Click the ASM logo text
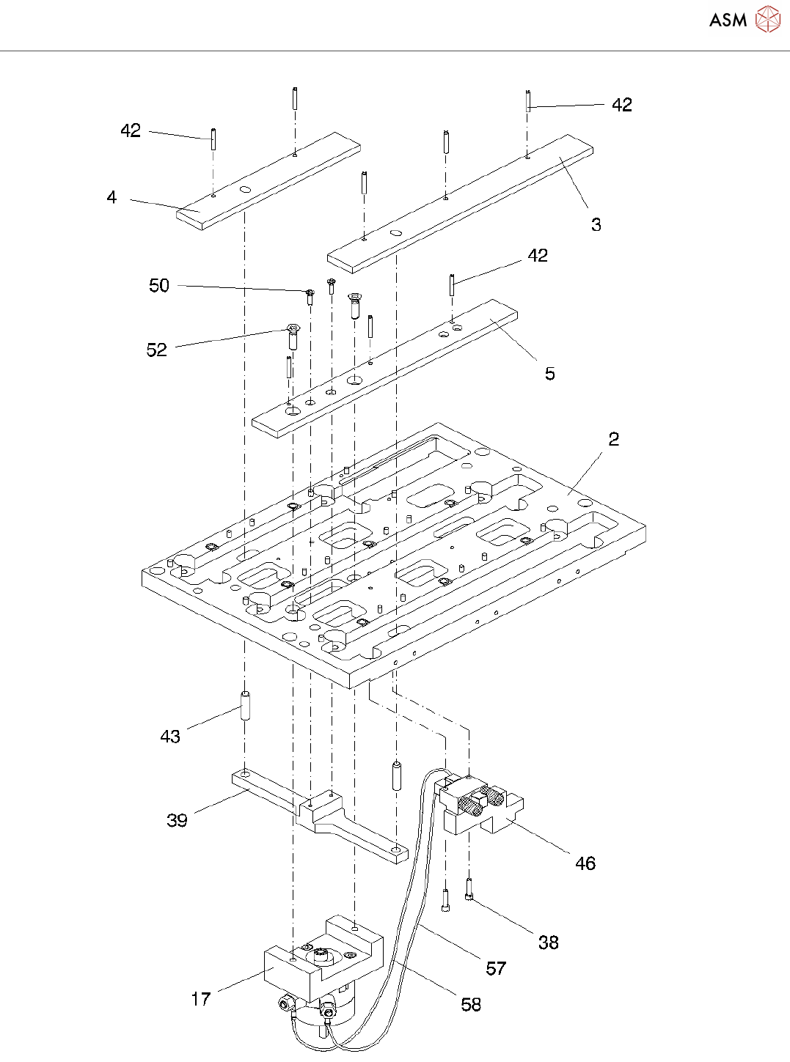tap(728, 20)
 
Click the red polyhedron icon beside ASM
tap(767, 19)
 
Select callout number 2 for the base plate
tap(614, 439)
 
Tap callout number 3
tap(596, 224)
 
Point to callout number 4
tap(111, 197)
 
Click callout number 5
tap(550, 374)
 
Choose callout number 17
tap(201, 999)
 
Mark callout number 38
tap(549, 943)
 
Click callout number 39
tap(177, 820)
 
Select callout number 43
tap(170, 737)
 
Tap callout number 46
tap(585, 863)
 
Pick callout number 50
tap(159, 285)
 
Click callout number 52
tap(157, 350)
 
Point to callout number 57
tap(496, 969)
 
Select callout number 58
tap(471, 1005)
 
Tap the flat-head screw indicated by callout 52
tap(293, 336)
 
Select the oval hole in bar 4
tap(245, 190)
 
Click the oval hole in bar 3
tap(396, 233)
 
